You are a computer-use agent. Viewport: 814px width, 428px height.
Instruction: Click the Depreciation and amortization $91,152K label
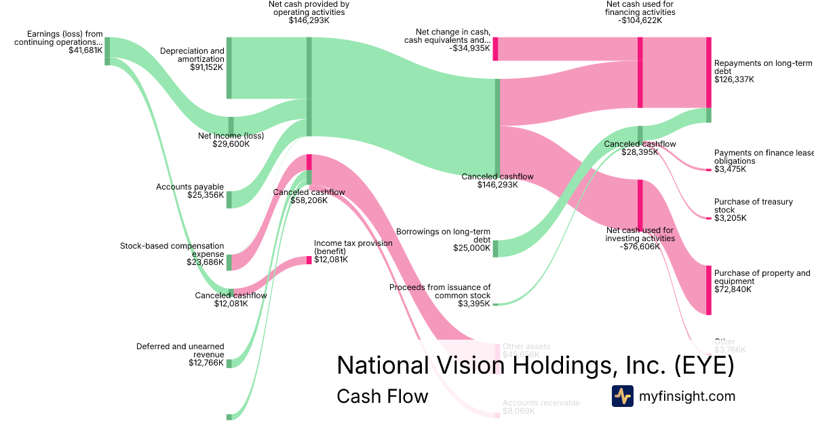(x=192, y=59)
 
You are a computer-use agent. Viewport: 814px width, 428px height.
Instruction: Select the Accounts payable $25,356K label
(x=190, y=191)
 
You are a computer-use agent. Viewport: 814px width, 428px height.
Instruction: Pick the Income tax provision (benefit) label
(x=353, y=251)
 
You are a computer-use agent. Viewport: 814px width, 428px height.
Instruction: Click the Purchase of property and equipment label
(x=762, y=281)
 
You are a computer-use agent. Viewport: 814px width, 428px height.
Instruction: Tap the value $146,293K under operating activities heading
(x=309, y=20)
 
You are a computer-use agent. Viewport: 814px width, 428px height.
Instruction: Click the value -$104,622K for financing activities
(x=640, y=20)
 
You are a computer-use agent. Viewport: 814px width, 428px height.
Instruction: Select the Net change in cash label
(x=447, y=39)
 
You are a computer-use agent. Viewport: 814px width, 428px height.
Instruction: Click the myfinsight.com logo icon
(x=622, y=396)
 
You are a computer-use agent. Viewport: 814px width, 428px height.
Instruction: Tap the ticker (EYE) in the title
(x=704, y=365)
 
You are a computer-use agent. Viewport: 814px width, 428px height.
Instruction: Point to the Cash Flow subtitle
(x=382, y=396)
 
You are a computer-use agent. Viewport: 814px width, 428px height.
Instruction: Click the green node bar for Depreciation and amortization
(x=229, y=68)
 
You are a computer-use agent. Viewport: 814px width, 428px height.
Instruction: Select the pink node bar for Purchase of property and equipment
(x=709, y=290)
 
